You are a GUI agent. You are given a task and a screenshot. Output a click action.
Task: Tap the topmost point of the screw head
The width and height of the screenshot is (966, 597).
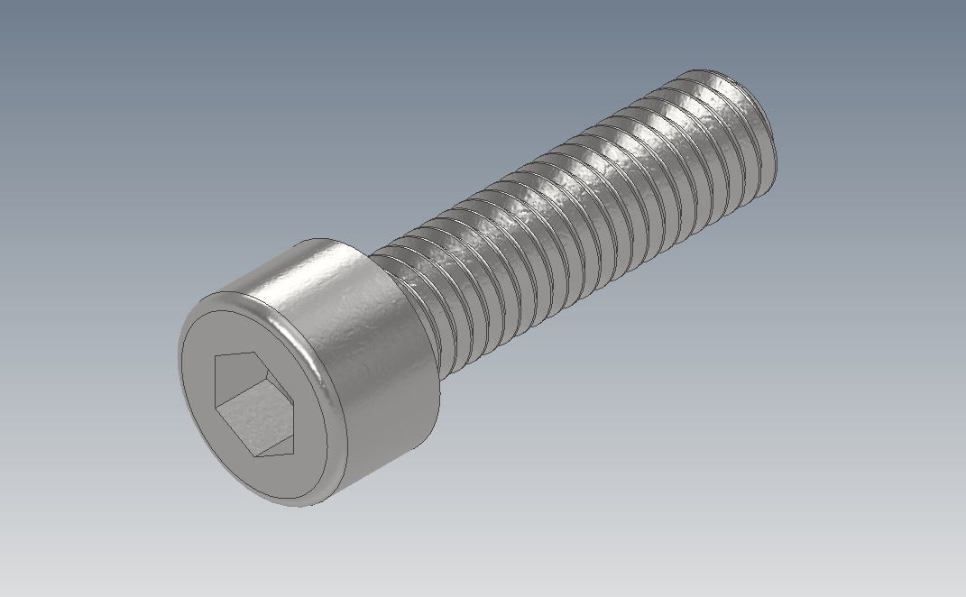(320, 239)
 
